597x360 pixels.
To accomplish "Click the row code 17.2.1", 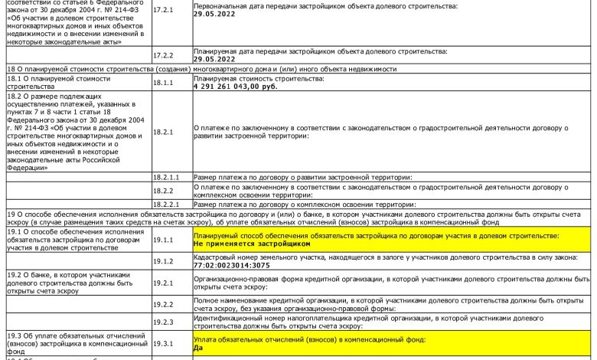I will tap(163, 11).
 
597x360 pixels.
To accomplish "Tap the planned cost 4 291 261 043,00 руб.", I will tap(236, 86).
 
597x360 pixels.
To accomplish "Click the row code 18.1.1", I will tap(163, 82).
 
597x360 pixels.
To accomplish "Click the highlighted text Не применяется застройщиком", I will tap(253, 243).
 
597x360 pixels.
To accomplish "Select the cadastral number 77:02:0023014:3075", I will tap(232, 265).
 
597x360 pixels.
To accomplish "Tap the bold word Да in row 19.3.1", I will tap(199, 347).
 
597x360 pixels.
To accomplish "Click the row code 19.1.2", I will tap(163, 261).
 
